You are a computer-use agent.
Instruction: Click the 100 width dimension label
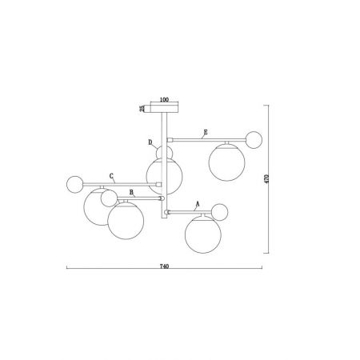(164, 99)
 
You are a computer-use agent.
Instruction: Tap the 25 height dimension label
(142, 108)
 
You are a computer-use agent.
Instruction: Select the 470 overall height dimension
(267, 178)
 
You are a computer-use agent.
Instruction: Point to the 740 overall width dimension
(164, 266)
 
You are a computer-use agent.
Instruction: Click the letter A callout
(198, 204)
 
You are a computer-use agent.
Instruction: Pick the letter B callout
(131, 192)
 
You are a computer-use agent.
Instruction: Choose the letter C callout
(111, 176)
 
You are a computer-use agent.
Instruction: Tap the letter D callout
(150, 142)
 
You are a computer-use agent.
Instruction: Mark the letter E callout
(206, 132)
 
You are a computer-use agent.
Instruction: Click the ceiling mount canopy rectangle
(164, 109)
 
